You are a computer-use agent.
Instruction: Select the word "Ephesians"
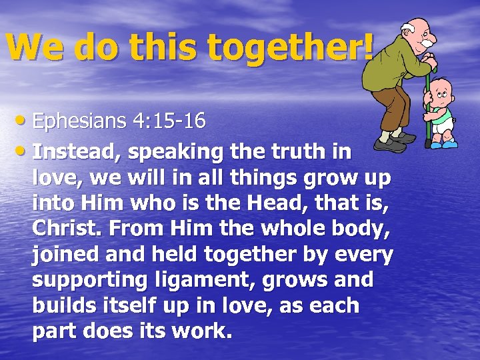coord(81,122)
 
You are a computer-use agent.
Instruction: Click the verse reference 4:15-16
coord(169,122)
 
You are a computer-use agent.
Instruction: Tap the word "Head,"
coord(284,204)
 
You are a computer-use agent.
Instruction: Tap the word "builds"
coord(63,306)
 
